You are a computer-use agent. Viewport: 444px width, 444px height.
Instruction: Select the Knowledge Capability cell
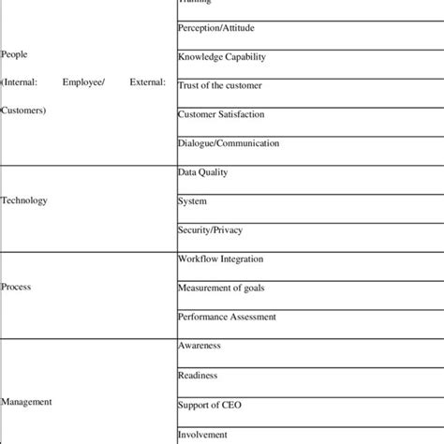pyautogui.click(x=221, y=57)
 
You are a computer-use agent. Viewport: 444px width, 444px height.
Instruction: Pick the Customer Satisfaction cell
pyautogui.click(x=221, y=114)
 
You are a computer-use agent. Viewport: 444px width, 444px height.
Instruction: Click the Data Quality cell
pyautogui.click(x=202, y=172)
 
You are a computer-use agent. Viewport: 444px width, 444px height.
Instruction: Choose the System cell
pyautogui.click(x=192, y=201)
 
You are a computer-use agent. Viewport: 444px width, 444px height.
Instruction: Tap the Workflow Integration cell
pyautogui.click(x=220, y=259)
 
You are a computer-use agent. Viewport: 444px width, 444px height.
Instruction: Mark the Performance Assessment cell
pyautogui.click(x=226, y=317)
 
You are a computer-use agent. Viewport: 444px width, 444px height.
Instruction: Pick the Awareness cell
pyautogui.click(x=199, y=346)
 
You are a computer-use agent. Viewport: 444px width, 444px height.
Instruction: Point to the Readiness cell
pyautogui.click(x=197, y=375)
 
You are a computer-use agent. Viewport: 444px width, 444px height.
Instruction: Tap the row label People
pyautogui.click(x=15, y=54)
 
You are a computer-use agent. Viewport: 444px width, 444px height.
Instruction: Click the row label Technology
pyautogui.click(x=24, y=200)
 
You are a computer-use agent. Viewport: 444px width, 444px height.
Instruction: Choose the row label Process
pyautogui.click(x=16, y=289)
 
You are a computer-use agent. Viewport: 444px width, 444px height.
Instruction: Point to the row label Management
pyautogui.click(x=25, y=402)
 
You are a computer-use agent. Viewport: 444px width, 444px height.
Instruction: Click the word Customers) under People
pyautogui.click(x=22, y=111)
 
